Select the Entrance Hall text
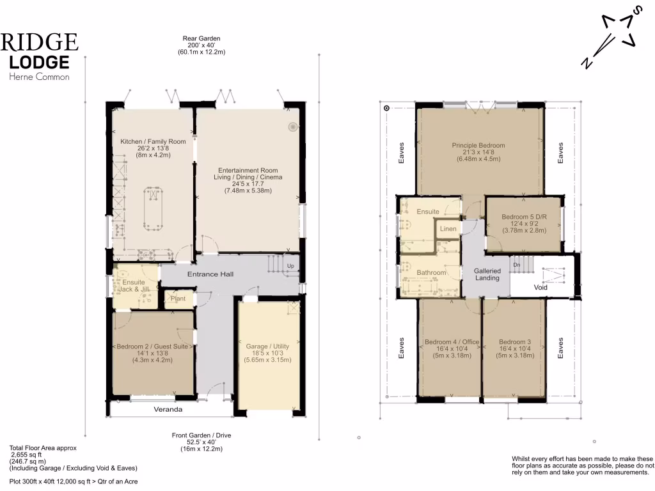(210, 274)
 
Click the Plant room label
(178, 299)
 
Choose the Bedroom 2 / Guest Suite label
(153, 347)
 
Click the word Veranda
(168, 409)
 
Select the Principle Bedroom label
(478, 145)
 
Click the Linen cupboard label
(448, 228)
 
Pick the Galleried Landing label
(487, 274)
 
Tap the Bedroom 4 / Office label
(452, 342)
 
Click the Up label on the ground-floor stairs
(290, 266)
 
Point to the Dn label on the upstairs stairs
(518, 264)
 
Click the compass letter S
(636, 10)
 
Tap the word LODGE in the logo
(40, 62)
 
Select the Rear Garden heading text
(201, 38)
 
